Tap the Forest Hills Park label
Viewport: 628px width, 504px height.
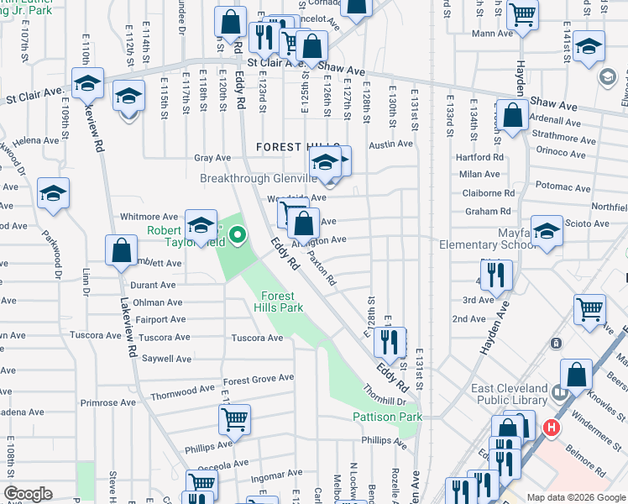coord(280,302)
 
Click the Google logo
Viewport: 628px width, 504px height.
coord(28,494)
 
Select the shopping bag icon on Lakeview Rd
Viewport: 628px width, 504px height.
coord(122,250)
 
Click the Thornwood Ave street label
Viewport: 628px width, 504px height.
coord(183,391)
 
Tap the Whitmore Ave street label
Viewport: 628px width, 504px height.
coord(149,217)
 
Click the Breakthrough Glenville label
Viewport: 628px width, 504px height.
coord(258,178)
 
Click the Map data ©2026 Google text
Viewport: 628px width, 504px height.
coord(575,497)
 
